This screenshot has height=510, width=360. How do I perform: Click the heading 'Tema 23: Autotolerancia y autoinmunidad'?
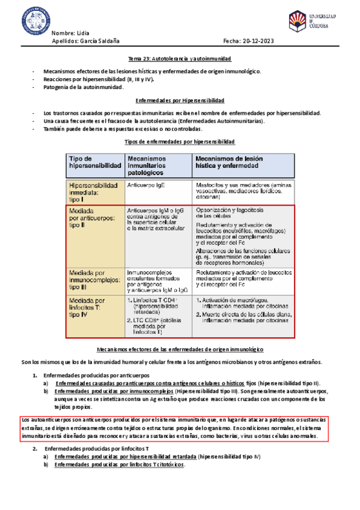point(180,59)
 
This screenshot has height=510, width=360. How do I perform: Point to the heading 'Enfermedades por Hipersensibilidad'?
point(180,100)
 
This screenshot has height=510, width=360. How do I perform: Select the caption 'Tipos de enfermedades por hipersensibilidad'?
point(180,141)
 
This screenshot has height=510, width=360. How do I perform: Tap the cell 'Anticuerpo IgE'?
point(145,185)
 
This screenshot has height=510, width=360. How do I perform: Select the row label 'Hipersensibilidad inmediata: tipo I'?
point(96,190)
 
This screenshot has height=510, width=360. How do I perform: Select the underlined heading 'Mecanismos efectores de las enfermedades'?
point(180,349)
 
